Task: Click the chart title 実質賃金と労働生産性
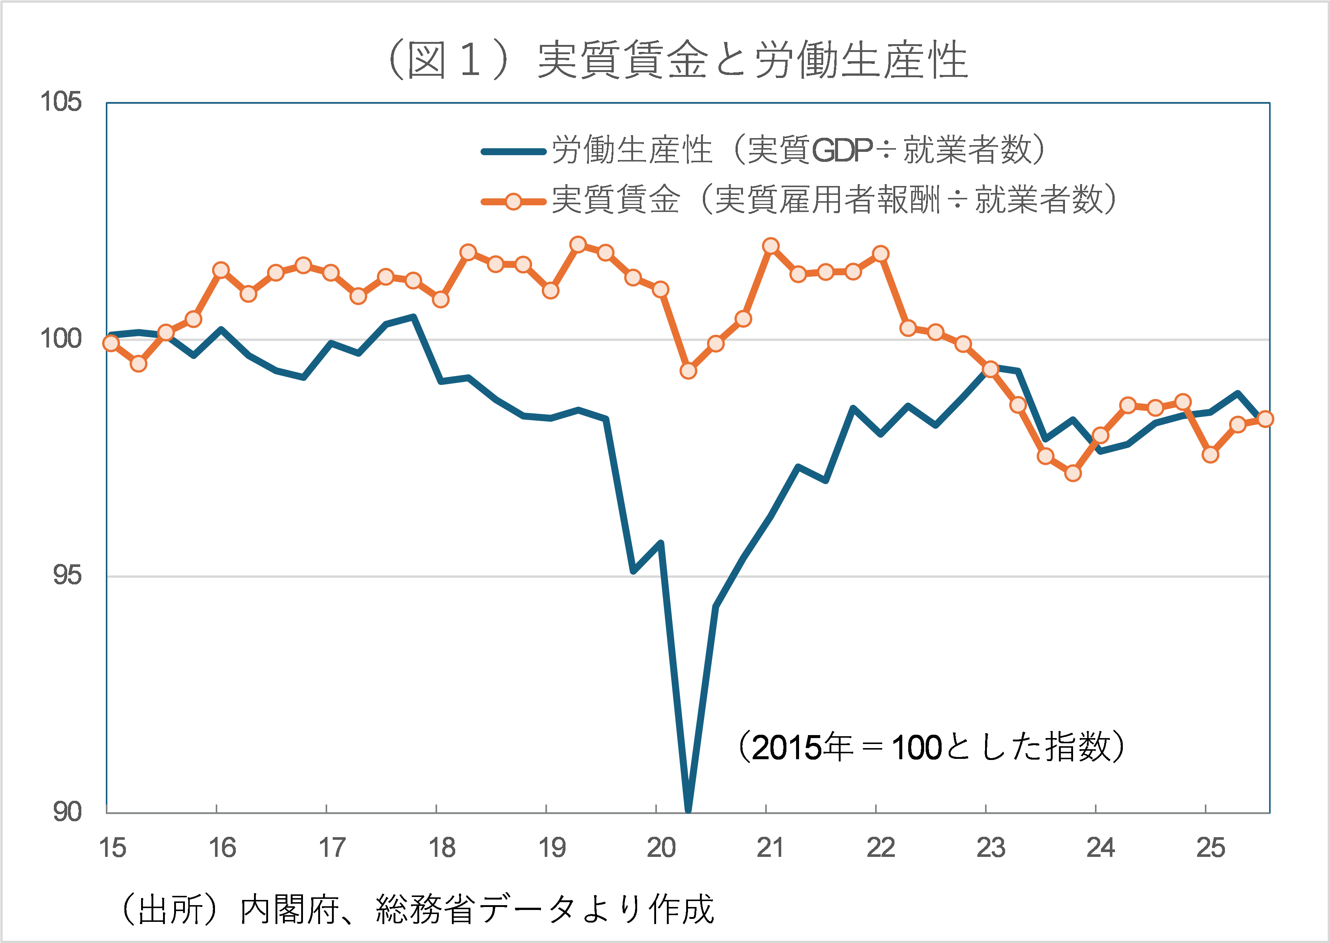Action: [x=677, y=60]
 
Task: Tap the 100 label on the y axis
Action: [x=61, y=339]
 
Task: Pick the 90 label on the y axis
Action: [x=67, y=812]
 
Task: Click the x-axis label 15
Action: [x=112, y=848]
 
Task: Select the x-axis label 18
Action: [x=442, y=848]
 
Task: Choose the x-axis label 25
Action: [x=1210, y=848]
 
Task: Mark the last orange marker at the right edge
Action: [x=1264, y=419]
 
